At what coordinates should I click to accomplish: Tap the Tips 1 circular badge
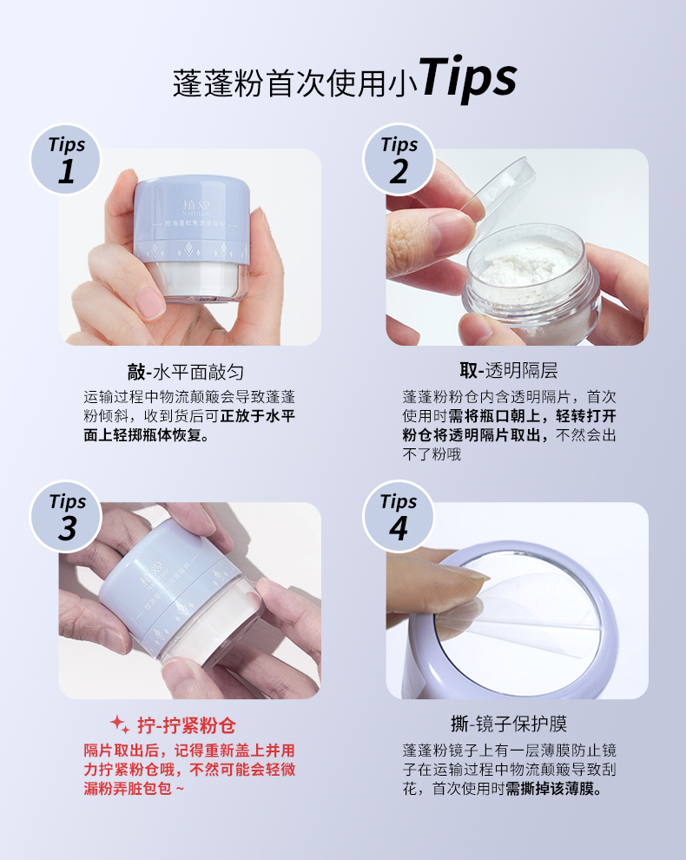[x=66, y=160]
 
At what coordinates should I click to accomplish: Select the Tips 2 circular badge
[x=399, y=160]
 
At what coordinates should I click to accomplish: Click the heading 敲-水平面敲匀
[x=185, y=373]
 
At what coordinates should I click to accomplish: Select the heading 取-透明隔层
[x=509, y=371]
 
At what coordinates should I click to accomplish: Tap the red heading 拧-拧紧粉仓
[x=187, y=725]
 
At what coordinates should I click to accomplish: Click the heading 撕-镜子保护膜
[x=509, y=724]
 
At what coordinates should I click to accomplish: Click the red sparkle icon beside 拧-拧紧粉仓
[x=120, y=724]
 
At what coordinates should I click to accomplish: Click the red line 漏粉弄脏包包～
[x=134, y=789]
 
